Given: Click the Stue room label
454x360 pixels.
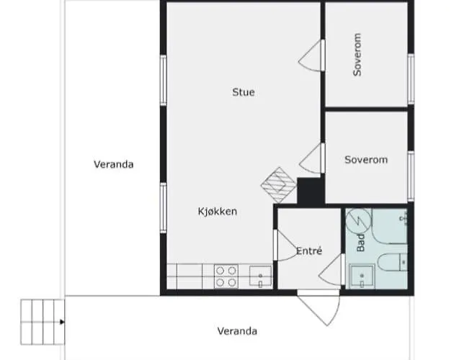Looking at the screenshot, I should pos(244,92).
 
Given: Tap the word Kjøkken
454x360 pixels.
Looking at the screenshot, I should pos(218,212).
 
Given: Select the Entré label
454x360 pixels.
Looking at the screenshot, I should pos(309,251).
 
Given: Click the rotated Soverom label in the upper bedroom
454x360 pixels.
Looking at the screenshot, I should pos(357,55).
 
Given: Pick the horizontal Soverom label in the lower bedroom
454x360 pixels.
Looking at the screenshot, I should pos(366,160).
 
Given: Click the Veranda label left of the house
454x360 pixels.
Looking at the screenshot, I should pos(114,164).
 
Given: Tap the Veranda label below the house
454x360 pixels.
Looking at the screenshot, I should pos(238,331).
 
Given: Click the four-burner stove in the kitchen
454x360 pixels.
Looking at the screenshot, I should pos(226,276).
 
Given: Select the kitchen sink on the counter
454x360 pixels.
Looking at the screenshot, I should pos(260,276).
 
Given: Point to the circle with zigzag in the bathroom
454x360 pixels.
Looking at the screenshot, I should pos(359,220).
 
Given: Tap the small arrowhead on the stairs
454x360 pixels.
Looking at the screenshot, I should pos(63,322).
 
